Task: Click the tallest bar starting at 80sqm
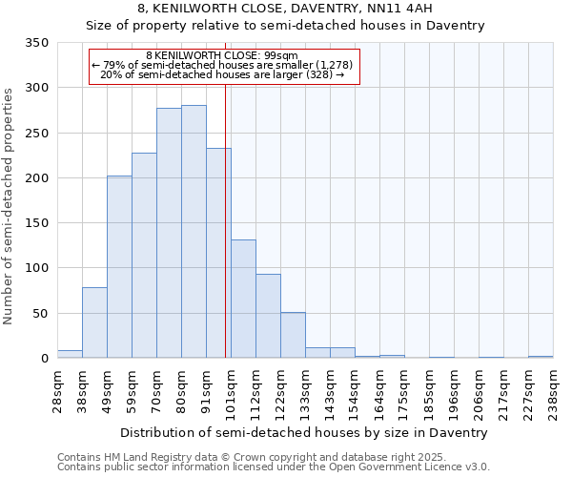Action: [x=194, y=232]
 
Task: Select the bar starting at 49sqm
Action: [x=119, y=267]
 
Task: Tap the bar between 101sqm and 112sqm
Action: [x=243, y=299]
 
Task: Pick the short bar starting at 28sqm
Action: [x=70, y=354]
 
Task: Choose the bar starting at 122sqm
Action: [x=293, y=335]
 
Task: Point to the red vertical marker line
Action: [x=225, y=238]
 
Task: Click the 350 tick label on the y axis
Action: [x=36, y=43]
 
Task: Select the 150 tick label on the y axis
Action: [x=36, y=223]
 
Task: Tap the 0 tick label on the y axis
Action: [x=44, y=359]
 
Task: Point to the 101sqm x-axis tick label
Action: [x=231, y=389]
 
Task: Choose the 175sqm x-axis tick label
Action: [x=404, y=389]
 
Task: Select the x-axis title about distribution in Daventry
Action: [x=305, y=432]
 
